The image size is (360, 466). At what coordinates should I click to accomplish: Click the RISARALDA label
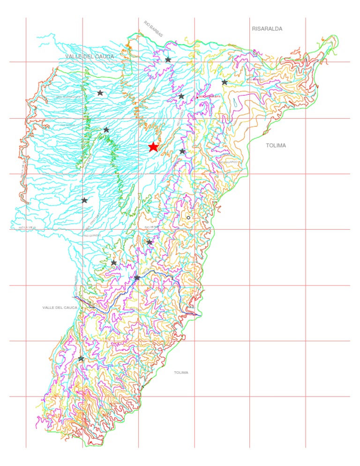267,29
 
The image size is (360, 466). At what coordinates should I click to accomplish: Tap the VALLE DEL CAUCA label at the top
90,56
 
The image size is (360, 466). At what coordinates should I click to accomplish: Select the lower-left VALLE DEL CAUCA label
60,308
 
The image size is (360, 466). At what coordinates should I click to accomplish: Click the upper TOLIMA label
276,145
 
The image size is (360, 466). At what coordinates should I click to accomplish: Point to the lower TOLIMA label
181,372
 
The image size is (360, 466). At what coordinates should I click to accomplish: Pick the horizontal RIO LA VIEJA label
27,227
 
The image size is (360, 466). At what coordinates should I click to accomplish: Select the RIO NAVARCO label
229,162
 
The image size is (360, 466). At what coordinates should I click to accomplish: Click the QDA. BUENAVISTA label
68,97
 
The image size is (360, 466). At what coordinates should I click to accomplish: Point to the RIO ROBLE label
67,125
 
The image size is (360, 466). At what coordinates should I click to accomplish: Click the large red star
153,147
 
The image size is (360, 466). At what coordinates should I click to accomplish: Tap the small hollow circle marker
188,218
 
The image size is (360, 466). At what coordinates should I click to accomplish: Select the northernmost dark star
168,60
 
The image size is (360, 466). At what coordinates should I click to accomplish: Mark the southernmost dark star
81,358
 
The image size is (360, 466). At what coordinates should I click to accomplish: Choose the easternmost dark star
225,82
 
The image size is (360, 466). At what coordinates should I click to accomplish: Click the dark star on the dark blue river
137,278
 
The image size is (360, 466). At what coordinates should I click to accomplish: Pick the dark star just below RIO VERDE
149,242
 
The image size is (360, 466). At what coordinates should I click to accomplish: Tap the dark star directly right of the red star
182,151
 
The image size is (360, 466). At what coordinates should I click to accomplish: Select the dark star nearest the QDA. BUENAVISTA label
100,93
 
